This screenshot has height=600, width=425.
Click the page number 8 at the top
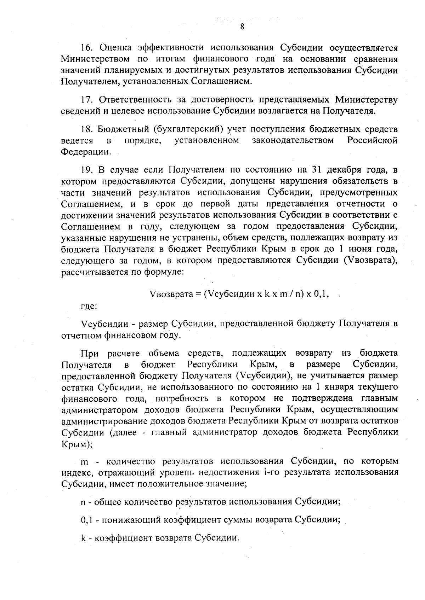242,27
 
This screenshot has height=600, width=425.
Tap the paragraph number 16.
87,47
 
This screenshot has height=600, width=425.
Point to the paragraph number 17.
87,100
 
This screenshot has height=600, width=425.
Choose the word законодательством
293,140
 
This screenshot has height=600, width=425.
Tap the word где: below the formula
87,306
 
